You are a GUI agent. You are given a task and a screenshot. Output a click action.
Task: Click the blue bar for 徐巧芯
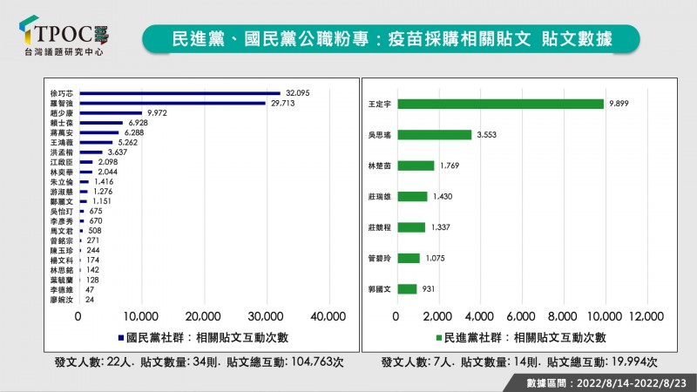point(179,92)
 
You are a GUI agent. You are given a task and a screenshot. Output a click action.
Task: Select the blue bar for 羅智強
point(173,103)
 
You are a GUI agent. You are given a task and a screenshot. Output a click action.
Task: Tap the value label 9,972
point(157,113)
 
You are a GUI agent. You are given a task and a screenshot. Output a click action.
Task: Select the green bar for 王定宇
point(499,104)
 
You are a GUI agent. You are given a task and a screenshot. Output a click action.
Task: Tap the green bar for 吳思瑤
point(433,135)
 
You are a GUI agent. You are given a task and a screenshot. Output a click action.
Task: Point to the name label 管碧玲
point(382,258)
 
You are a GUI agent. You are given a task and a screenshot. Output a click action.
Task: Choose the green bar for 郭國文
point(406,288)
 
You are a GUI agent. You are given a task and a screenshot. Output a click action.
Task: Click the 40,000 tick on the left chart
point(328,315)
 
